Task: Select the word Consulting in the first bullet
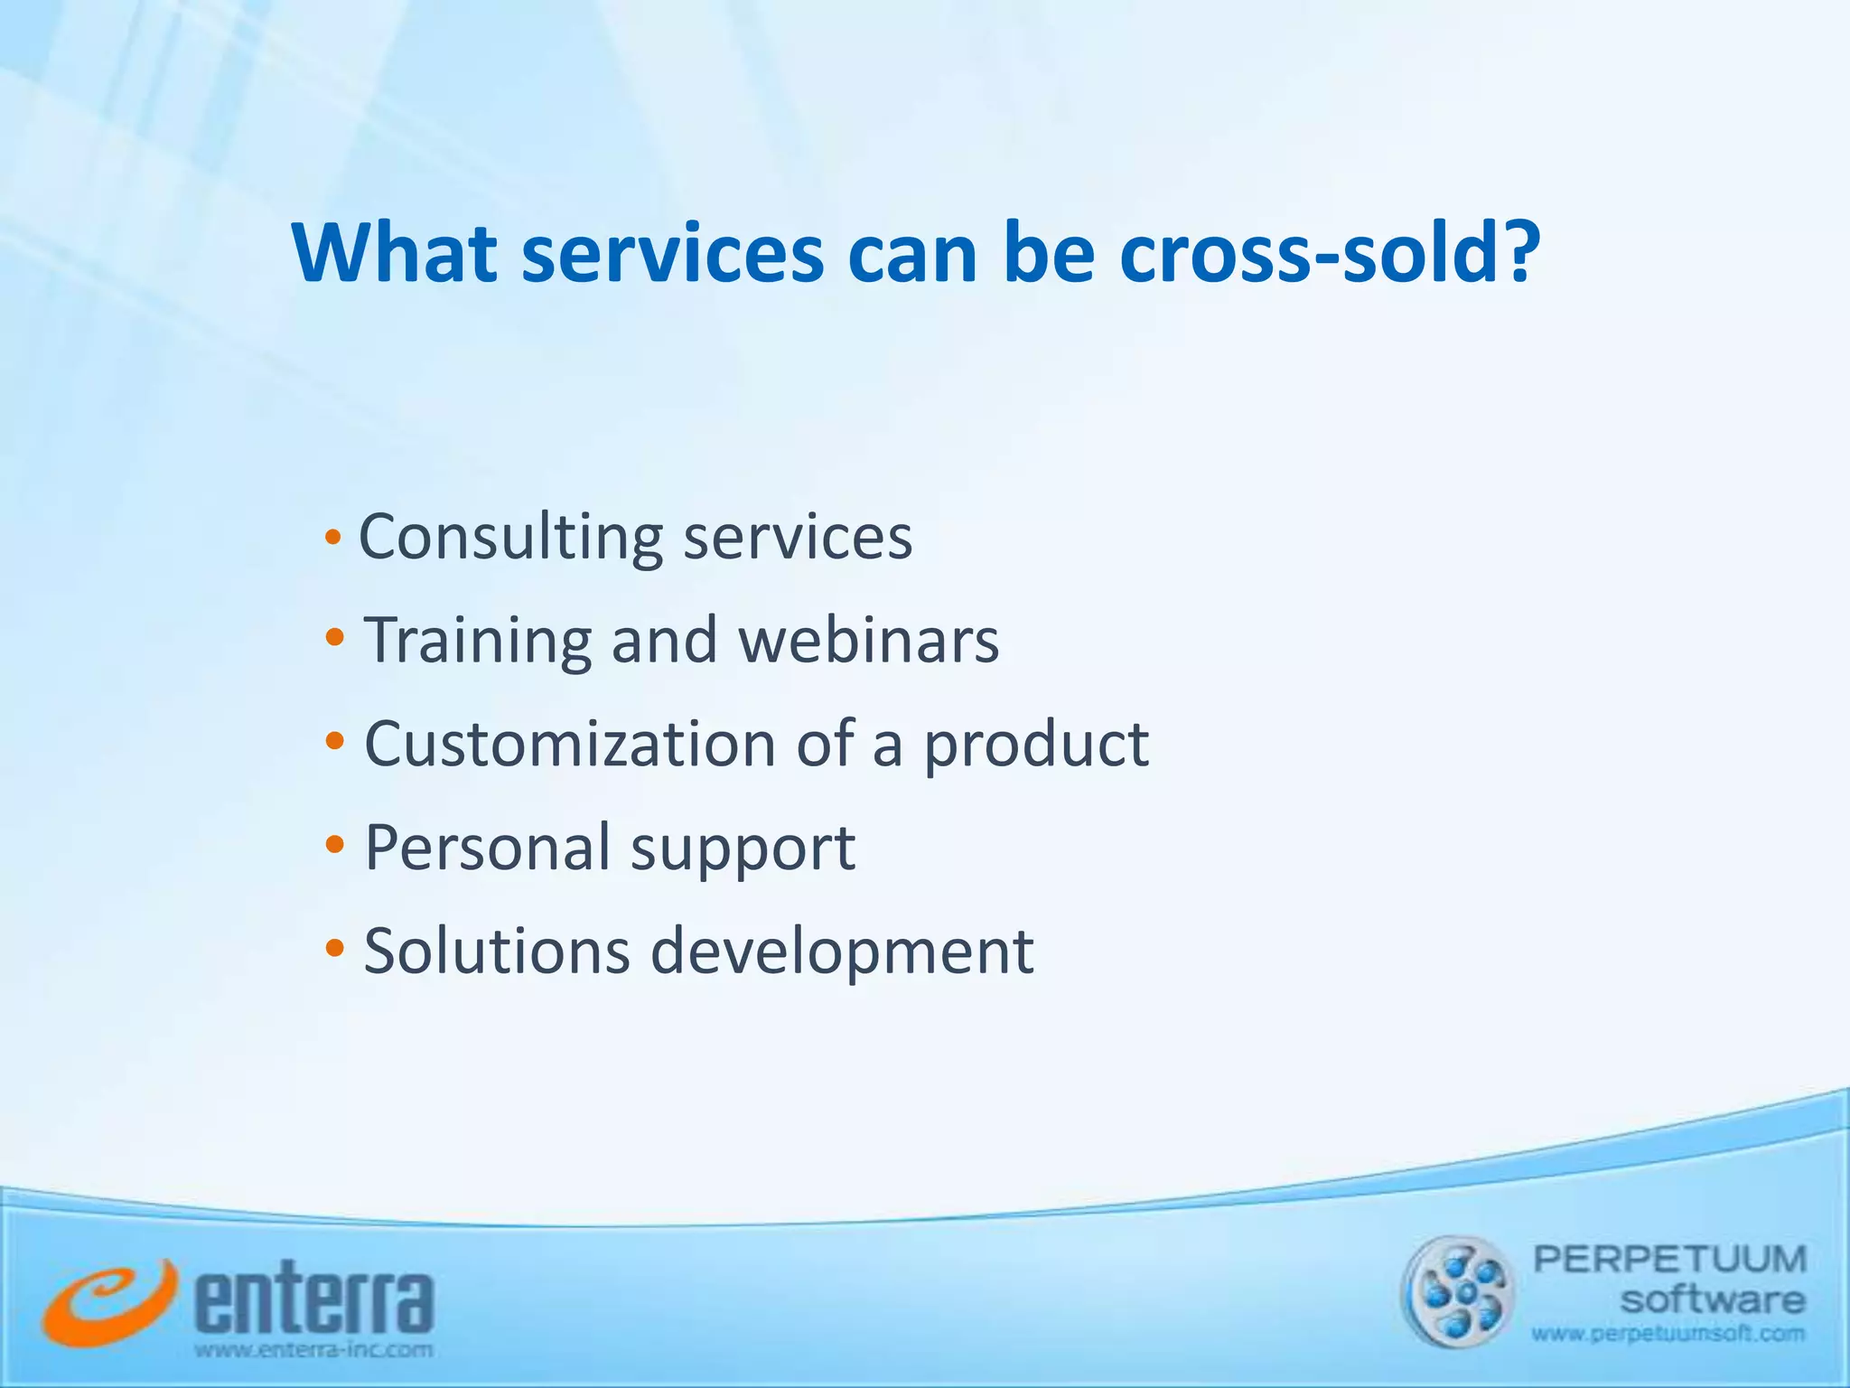pyautogui.click(x=510, y=538)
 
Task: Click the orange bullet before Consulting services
pyautogui.click(x=333, y=539)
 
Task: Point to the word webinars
pyautogui.click(x=868, y=641)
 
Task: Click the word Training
pyautogui.click(x=477, y=641)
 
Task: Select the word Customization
pyautogui.click(x=569, y=744)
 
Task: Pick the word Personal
pyautogui.click(x=488, y=848)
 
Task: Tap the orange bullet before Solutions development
pyautogui.click(x=334, y=949)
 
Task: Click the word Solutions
pyautogui.click(x=497, y=951)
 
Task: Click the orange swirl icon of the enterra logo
pyautogui.click(x=107, y=1301)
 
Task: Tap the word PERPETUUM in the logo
pyautogui.click(x=1669, y=1259)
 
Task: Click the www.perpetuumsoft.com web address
pyautogui.click(x=1668, y=1334)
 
